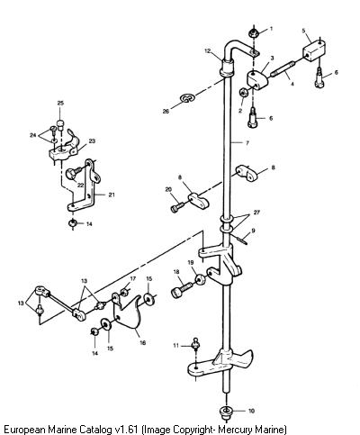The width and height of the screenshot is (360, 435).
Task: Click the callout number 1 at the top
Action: [x=271, y=29]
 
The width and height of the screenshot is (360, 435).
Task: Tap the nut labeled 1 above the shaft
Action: [x=254, y=32]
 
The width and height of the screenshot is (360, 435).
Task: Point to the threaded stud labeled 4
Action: [x=283, y=69]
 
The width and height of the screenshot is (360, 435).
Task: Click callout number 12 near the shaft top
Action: [x=208, y=51]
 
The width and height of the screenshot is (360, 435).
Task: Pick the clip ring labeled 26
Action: [x=187, y=98]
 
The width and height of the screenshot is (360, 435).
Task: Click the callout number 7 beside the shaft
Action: [x=247, y=143]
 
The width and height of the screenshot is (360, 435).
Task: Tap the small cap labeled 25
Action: [x=61, y=123]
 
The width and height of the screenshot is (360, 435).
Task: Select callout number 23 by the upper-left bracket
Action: [x=92, y=140]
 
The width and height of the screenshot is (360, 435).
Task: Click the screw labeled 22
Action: [x=75, y=173]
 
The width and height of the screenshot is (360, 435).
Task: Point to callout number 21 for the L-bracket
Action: [x=112, y=195]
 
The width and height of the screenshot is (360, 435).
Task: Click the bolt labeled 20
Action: [x=177, y=207]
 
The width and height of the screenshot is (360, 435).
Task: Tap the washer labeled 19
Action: [x=201, y=279]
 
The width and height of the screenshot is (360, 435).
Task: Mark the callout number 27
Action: [x=256, y=213]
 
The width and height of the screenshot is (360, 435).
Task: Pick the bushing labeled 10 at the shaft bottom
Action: [x=226, y=412]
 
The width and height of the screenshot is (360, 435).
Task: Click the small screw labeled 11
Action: [x=196, y=344]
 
